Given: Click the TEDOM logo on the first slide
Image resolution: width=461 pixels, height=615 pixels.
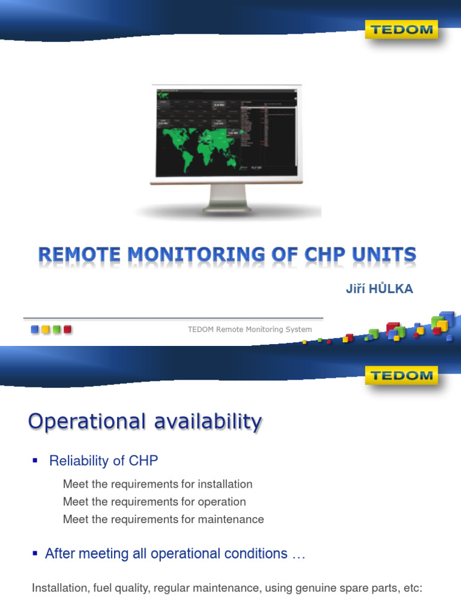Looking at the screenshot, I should pyautogui.click(x=401, y=29).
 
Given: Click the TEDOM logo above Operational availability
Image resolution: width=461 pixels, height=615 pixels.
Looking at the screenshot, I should pyautogui.click(x=401, y=376).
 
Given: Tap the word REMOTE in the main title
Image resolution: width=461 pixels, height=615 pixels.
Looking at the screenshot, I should pyautogui.click(x=80, y=255).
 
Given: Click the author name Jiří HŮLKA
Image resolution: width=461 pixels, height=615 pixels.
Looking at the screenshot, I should pyautogui.click(x=379, y=289).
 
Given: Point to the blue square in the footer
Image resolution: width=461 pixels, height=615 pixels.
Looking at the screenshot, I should pyautogui.click(x=35, y=329).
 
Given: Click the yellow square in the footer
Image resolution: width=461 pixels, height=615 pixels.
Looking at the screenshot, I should pyautogui.click(x=46, y=329).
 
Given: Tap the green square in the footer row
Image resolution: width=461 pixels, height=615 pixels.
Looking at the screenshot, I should pyautogui.click(x=56, y=329).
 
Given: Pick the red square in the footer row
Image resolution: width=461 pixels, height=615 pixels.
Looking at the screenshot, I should pyautogui.click(x=67, y=329).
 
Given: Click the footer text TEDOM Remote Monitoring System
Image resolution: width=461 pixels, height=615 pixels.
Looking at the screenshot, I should pyautogui.click(x=250, y=329).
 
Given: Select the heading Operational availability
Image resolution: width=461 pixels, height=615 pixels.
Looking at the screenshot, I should pyautogui.click(x=145, y=422).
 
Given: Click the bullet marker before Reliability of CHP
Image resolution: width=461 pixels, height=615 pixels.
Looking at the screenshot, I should pyautogui.click(x=35, y=460).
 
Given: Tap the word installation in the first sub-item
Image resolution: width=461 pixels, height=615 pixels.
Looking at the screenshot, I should pyautogui.click(x=223, y=484).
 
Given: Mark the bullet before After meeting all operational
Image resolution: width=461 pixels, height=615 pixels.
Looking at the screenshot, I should pyautogui.click(x=35, y=553).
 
